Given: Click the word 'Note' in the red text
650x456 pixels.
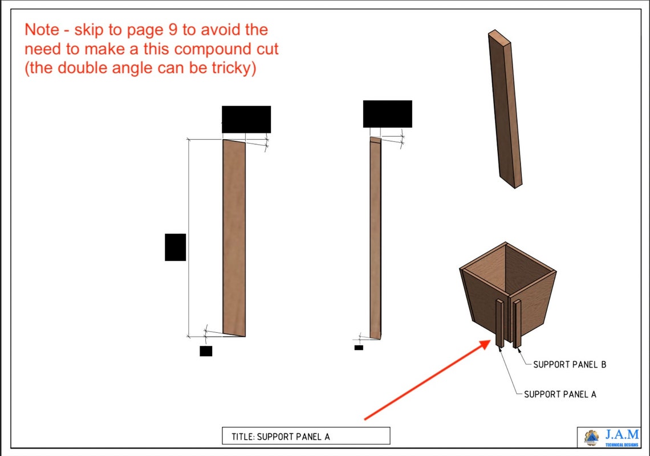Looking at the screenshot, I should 42,30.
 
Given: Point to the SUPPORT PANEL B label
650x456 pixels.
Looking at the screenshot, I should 569,364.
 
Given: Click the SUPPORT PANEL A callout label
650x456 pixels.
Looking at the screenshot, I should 560,394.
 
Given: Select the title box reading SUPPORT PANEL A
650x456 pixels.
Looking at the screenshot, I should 306,437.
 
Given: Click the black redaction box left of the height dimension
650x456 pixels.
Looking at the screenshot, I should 175,247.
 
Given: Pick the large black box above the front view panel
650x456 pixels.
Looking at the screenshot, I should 246,119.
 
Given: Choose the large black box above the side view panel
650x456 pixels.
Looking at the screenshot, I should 387,114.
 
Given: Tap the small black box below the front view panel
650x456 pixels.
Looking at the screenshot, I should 206,351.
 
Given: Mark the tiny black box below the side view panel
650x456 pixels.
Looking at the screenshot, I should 359,347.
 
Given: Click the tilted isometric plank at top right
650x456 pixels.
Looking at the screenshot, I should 505,108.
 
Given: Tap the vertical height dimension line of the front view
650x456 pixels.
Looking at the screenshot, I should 189,237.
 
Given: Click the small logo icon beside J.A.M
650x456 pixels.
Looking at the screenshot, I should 591,437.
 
